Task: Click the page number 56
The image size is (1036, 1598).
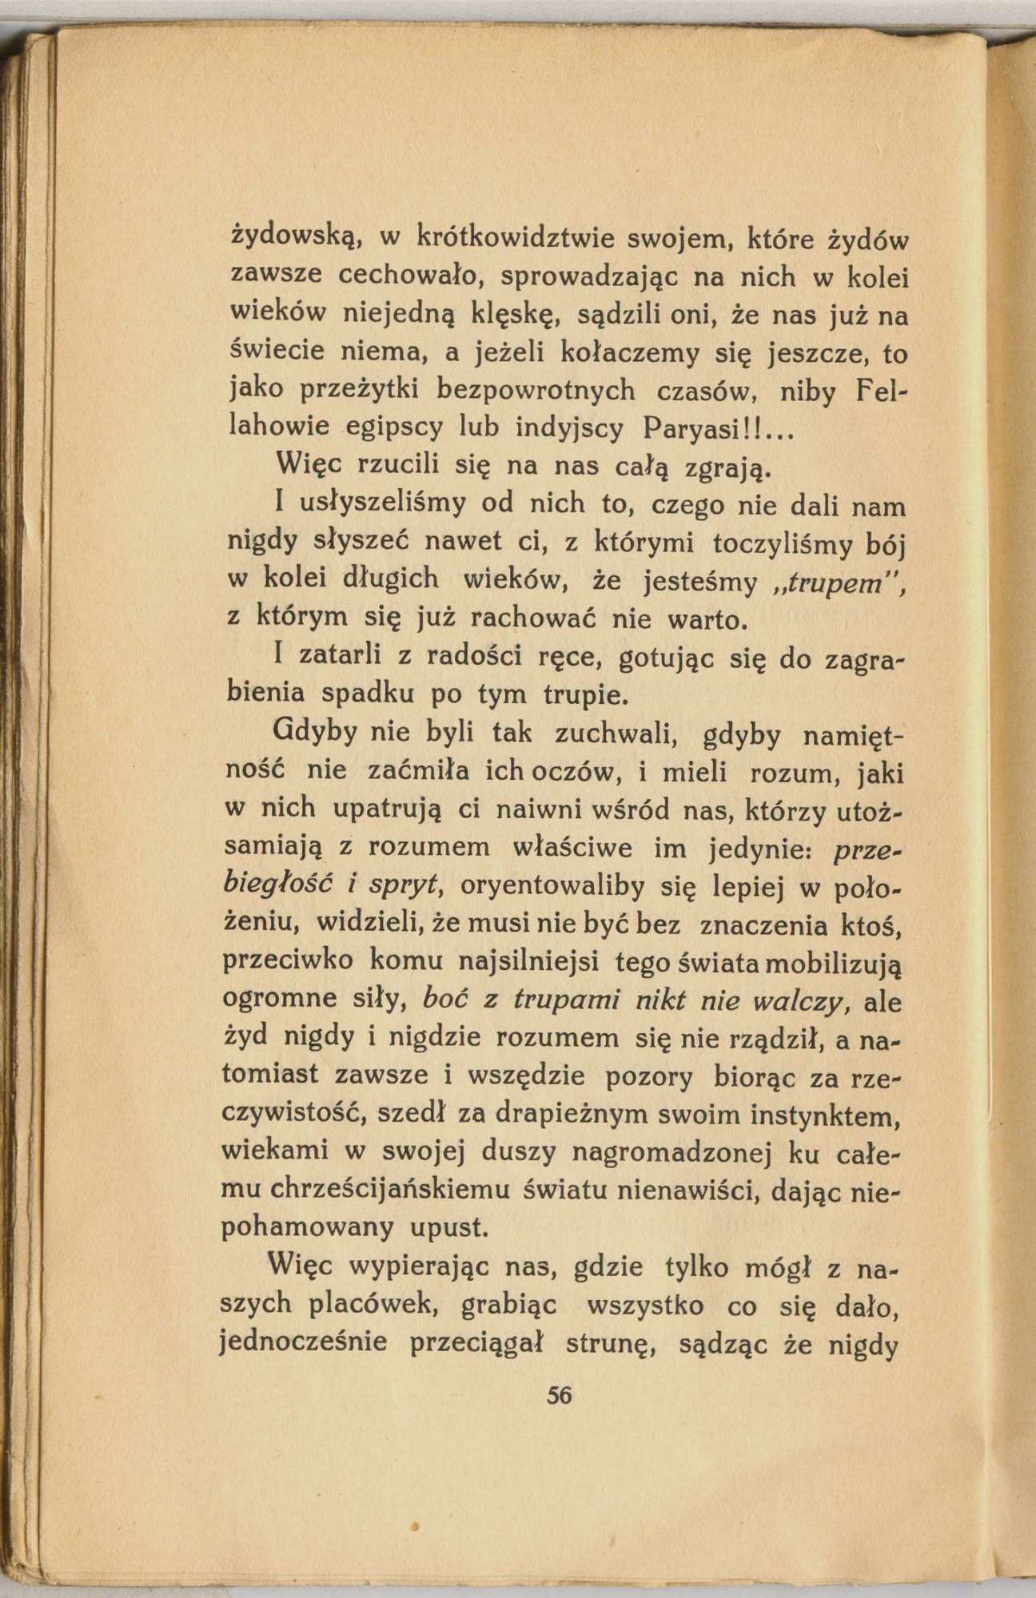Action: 560,1395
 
